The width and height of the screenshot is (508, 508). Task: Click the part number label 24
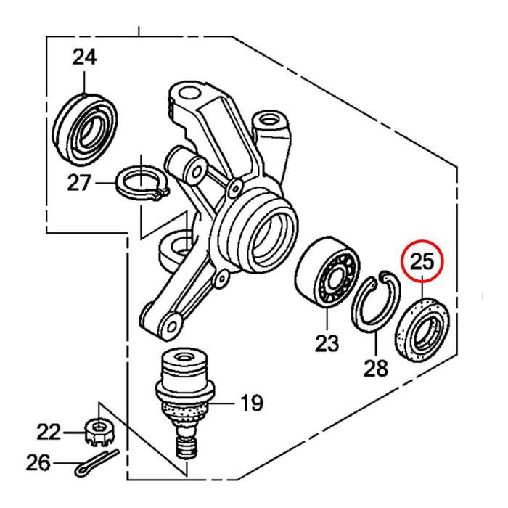pos(84,57)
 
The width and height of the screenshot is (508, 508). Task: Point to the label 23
pos(327,343)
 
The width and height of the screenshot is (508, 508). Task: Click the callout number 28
pos(376,369)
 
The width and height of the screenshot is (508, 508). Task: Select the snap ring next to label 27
pos(142,181)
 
